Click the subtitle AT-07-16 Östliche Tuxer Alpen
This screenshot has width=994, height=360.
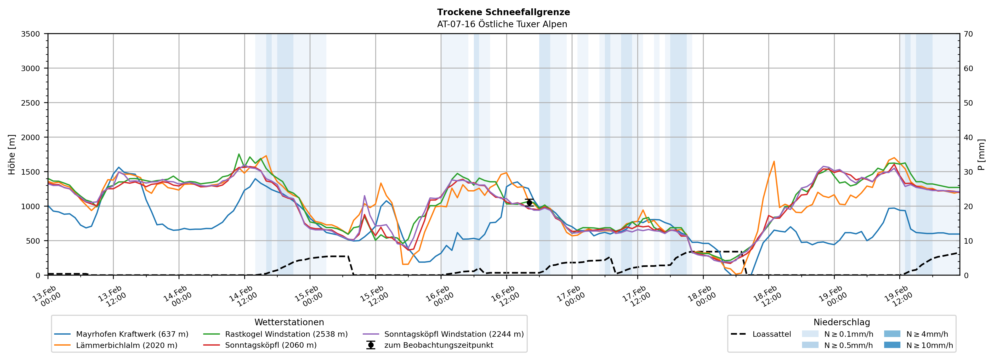pyautogui.click(x=502, y=24)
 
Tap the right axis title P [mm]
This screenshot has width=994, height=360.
pyautogui.click(x=981, y=154)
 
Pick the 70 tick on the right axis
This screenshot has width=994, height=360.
pyautogui.click(x=968, y=34)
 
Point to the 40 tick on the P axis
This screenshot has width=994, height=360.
pyautogui.click(x=968, y=137)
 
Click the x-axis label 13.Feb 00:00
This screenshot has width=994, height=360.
pyautogui.click(x=46, y=296)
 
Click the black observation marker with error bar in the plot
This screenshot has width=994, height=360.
pyautogui.click(x=529, y=203)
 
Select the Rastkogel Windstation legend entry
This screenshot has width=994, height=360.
pyautogui.click(x=286, y=334)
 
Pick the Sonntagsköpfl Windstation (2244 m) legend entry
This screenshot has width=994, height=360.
pyautogui.click(x=454, y=334)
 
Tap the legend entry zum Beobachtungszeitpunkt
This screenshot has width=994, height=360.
pyautogui.click(x=438, y=345)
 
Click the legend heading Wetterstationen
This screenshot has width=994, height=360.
pyautogui.click(x=289, y=322)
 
